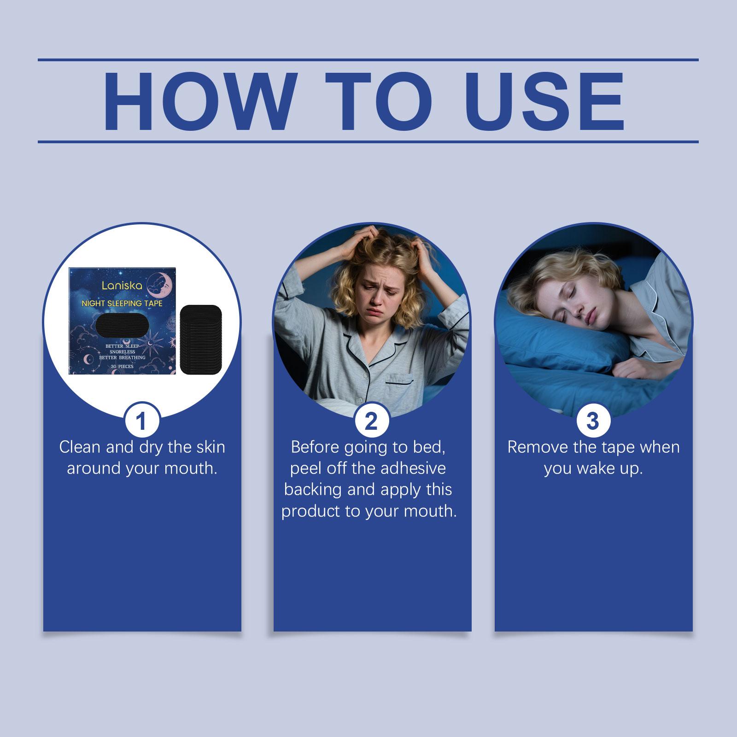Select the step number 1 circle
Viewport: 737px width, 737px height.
[x=141, y=421]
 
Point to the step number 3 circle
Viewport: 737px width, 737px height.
[x=593, y=421]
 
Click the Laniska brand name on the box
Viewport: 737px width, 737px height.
[x=117, y=286]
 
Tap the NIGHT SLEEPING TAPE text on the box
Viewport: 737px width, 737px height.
[x=122, y=304]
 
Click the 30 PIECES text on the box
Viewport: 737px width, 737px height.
[x=122, y=367]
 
